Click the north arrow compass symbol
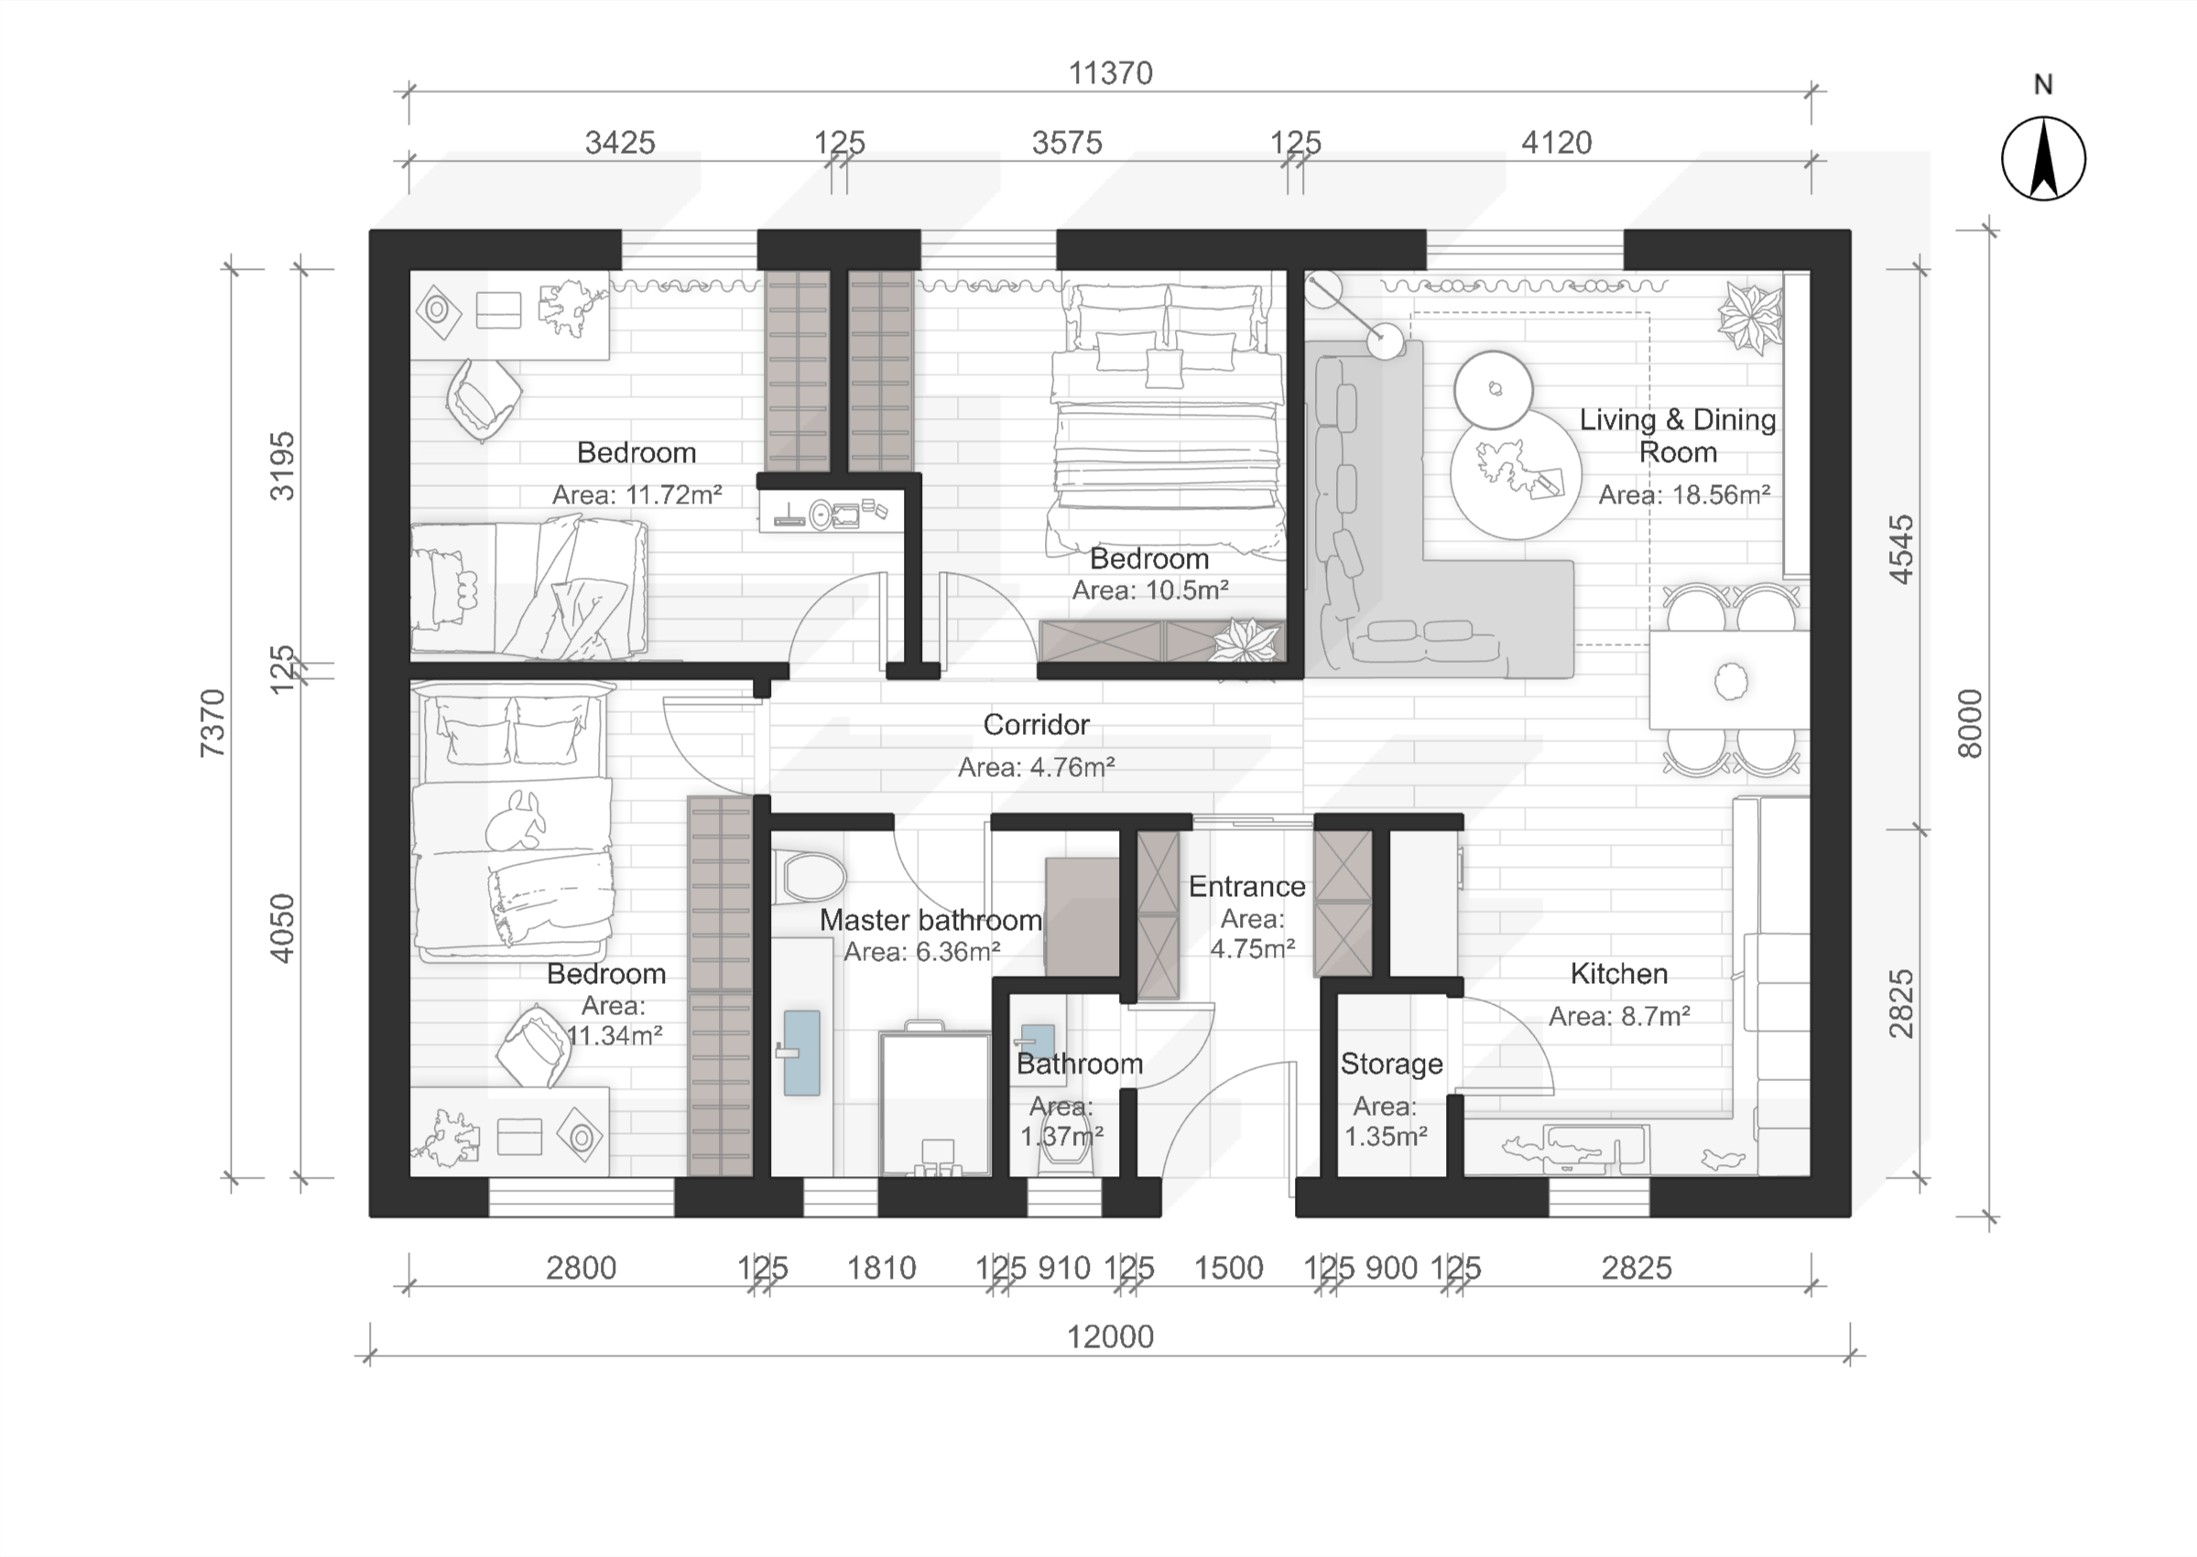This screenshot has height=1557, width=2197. pyautogui.click(x=2042, y=158)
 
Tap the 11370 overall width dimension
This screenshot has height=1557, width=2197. pyautogui.click(x=1111, y=74)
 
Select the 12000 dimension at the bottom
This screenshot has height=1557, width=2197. pyautogui.click(x=1111, y=1336)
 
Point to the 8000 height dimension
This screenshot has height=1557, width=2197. pyautogui.click(x=1969, y=723)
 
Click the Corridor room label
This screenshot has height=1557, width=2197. pyautogui.click(x=1036, y=725)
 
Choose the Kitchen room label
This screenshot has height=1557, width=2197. pyautogui.click(x=1619, y=974)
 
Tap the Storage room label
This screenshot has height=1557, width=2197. pyautogui.click(x=1391, y=1064)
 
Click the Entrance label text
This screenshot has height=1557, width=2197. pyautogui.click(x=1246, y=887)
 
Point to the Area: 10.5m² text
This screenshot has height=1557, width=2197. pyautogui.click(x=1150, y=589)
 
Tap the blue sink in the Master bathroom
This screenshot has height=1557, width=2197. pyautogui.click(x=800, y=1053)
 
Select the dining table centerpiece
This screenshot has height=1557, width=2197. pyautogui.click(x=1730, y=682)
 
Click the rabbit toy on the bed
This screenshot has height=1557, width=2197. pyautogui.click(x=516, y=821)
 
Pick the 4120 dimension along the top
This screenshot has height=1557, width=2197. pyautogui.click(x=1557, y=143)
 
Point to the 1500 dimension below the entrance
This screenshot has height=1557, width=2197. pyautogui.click(x=1228, y=1269)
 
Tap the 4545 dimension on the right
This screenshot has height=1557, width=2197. pyautogui.click(x=1900, y=549)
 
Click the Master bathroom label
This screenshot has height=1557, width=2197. pyautogui.click(x=930, y=921)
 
